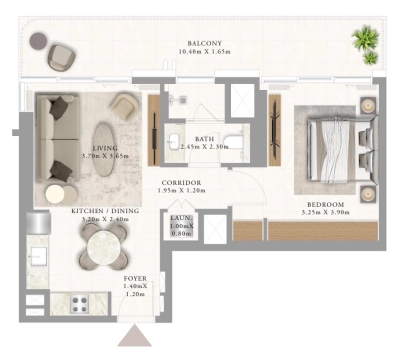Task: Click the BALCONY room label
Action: pyautogui.click(x=207, y=44)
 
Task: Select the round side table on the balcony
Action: pyautogui.click(x=38, y=41)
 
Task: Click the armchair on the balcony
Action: pyautogui.click(x=61, y=56)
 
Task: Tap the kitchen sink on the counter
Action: pyautogui.click(x=37, y=258)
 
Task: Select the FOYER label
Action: pyautogui.click(x=136, y=279)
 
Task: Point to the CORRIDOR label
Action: pyautogui.click(x=182, y=183)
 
